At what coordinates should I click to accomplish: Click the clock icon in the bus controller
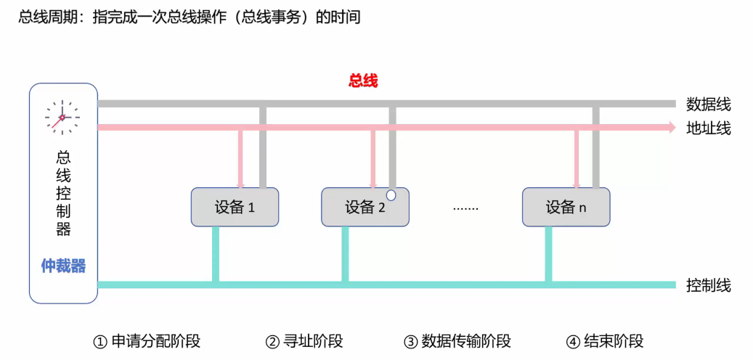pyautogui.click(x=62, y=117)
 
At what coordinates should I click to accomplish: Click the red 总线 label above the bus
pyautogui.click(x=363, y=81)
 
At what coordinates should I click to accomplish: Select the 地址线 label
pyautogui.click(x=708, y=128)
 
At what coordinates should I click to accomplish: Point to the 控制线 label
pyautogui.click(x=708, y=285)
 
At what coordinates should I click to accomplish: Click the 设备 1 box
pyautogui.click(x=235, y=208)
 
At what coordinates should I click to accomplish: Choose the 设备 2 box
pyautogui.click(x=365, y=208)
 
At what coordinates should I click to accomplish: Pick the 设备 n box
pyautogui.click(x=566, y=208)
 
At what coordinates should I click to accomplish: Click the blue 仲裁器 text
pyautogui.click(x=63, y=266)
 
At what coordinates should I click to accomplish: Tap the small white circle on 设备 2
pyautogui.click(x=391, y=195)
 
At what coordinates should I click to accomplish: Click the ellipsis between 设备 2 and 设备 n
pyautogui.click(x=465, y=208)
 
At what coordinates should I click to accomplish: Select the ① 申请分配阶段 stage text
pyautogui.click(x=147, y=341)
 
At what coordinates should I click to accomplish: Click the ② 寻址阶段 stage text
pyautogui.click(x=304, y=341)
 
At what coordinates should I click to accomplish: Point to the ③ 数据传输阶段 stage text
pyautogui.click(x=457, y=341)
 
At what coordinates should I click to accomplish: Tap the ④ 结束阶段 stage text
pyautogui.click(x=605, y=341)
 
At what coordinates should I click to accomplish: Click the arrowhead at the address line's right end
pyautogui.click(x=671, y=128)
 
